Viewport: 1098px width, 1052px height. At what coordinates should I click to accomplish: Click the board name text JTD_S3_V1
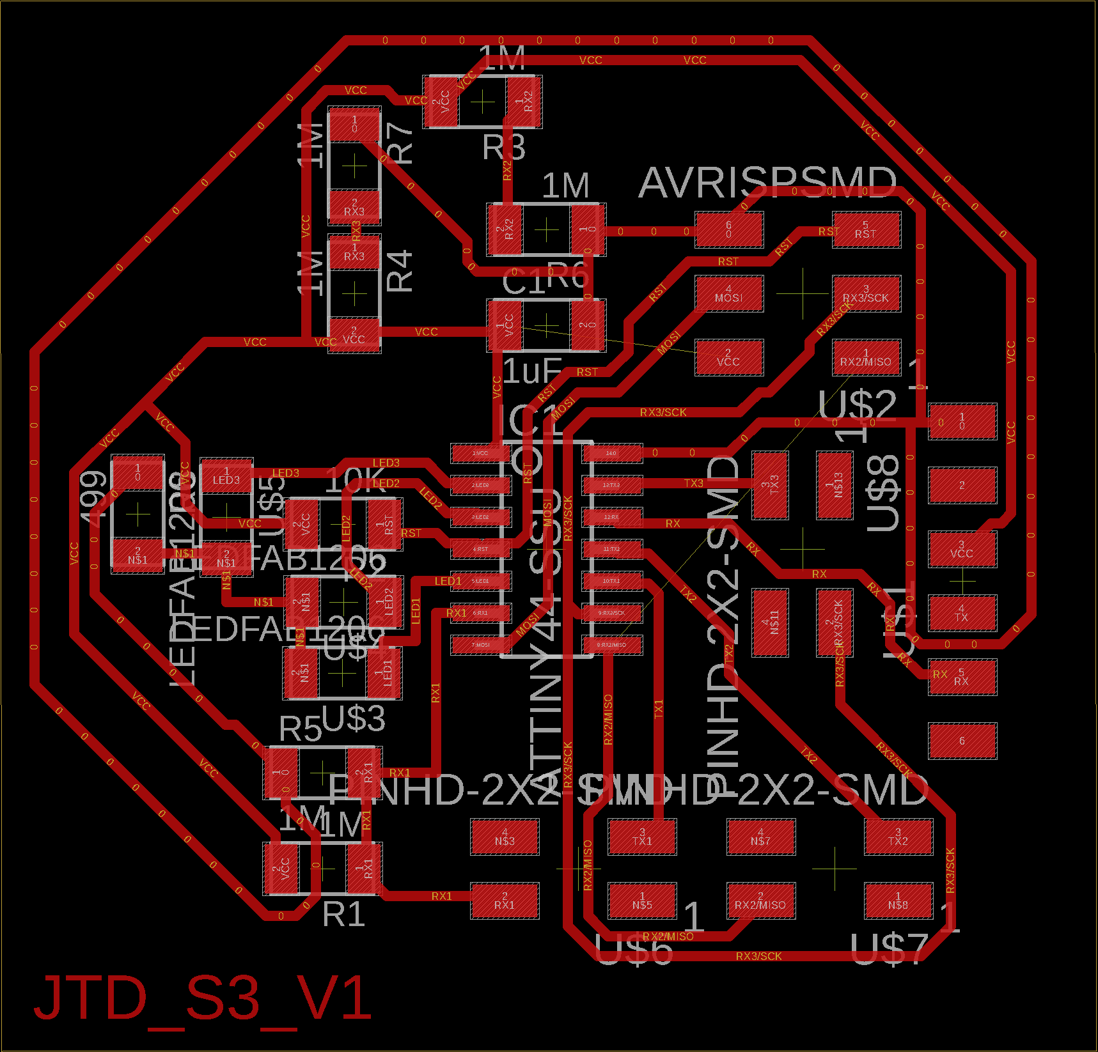click(203, 998)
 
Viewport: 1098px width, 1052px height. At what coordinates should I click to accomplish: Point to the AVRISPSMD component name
click(767, 183)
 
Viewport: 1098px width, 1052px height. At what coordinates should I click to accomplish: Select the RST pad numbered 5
click(866, 230)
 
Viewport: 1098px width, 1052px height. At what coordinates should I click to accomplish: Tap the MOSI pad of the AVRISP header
click(729, 294)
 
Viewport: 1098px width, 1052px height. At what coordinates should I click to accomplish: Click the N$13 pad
click(835, 484)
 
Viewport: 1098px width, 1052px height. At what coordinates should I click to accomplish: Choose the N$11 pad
click(770, 622)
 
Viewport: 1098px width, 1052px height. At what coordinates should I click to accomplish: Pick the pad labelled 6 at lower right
click(962, 741)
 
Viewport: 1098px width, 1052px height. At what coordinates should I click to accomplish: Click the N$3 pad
click(505, 837)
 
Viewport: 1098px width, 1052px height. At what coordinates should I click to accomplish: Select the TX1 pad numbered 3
click(642, 837)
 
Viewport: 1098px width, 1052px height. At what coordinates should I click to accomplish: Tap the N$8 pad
click(898, 901)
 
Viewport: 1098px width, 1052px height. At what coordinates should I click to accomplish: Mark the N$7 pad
click(760, 837)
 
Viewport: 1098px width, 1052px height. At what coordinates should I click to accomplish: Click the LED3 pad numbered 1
click(226, 476)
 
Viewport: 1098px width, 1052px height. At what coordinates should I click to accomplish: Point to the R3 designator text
click(504, 148)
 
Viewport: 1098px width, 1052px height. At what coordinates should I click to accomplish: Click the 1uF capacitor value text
click(532, 371)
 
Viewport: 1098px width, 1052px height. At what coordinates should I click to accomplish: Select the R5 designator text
click(300, 729)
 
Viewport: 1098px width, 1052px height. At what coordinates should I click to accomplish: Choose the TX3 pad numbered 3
click(770, 484)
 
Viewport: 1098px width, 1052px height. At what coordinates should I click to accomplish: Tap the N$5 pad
click(642, 901)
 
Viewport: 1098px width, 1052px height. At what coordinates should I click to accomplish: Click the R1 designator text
click(344, 914)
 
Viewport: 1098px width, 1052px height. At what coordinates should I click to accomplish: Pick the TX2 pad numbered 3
click(898, 837)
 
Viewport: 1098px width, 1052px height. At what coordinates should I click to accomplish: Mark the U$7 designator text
click(888, 948)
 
